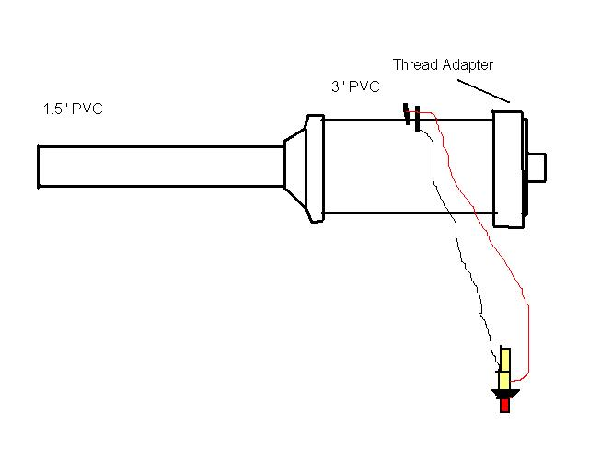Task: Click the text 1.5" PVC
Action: pyautogui.click(x=73, y=109)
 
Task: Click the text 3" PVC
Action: pyautogui.click(x=355, y=87)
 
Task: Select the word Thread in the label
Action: pyautogui.click(x=415, y=64)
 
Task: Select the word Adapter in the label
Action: pyautogui.click(x=468, y=64)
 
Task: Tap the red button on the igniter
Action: pyautogui.click(x=504, y=406)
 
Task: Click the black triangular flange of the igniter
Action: pyautogui.click(x=504, y=394)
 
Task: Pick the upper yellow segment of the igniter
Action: pyautogui.click(x=504, y=359)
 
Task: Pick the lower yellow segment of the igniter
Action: pyautogui.click(x=504, y=379)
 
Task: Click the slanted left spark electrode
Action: pyautogui.click(x=407, y=113)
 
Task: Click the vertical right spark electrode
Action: pyautogui.click(x=418, y=119)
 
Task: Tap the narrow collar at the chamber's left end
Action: pyautogui.click(x=315, y=169)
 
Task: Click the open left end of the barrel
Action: pyautogui.click(x=39, y=167)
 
